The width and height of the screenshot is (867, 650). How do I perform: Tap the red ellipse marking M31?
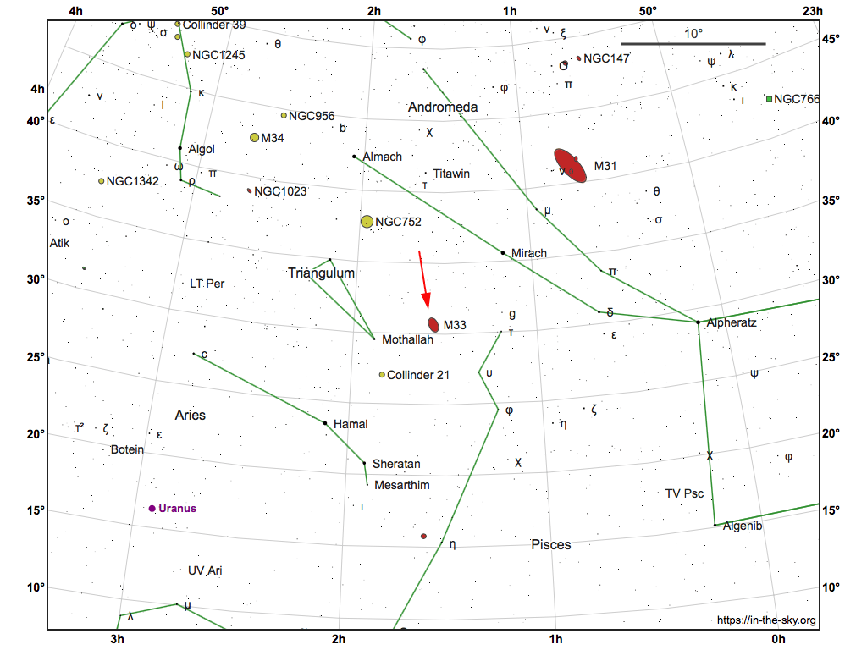coord(570,165)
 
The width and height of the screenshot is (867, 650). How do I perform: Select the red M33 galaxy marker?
coord(433,324)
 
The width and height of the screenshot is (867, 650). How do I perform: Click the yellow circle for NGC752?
coord(367,222)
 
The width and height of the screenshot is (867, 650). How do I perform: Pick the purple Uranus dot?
coord(152,509)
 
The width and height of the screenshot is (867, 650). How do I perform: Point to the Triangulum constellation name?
coord(321,273)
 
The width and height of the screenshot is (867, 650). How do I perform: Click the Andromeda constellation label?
coord(443,107)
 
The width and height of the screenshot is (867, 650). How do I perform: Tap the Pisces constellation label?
coord(550,544)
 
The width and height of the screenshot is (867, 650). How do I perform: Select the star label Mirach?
coord(529,253)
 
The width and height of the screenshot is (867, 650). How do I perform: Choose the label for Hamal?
coord(351,424)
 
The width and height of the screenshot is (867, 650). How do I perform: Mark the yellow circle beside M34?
coord(254,137)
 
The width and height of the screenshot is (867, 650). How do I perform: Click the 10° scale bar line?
coord(693,44)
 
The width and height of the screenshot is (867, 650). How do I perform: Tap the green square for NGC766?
coord(769,99)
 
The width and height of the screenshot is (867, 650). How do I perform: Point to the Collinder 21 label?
coord(418,375)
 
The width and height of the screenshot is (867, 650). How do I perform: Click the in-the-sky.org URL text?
coord(766,620)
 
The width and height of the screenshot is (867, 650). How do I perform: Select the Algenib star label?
coord(743,526)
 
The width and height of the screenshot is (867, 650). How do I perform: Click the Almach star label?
coord(382,157)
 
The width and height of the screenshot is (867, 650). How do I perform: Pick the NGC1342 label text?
coord(132,181)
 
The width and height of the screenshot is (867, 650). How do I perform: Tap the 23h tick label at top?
coord(813,11)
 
